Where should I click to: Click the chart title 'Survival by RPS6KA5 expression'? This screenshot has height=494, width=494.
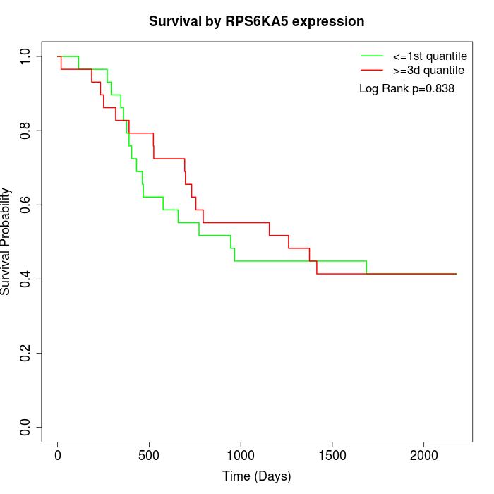click(x=256, y=22)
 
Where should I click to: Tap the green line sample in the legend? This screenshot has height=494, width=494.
click(x=372, y=56)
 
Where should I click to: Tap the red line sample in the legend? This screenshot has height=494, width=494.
click(x=372, y=71)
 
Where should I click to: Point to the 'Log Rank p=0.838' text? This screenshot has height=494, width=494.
click(x=406, y=89)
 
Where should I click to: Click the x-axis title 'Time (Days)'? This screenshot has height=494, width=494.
click(x=256, y=476)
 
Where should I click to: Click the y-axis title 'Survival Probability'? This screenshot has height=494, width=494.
click(x=6, y=241)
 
